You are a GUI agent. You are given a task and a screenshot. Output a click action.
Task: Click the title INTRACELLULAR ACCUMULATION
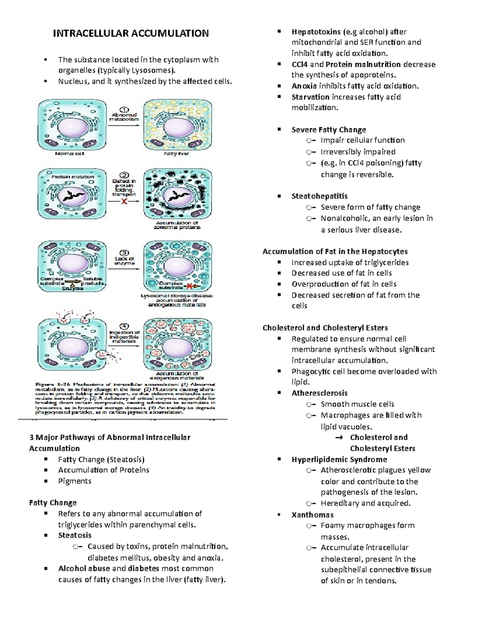(131, 33)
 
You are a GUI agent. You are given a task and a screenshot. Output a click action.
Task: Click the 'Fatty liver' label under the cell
(176, 154)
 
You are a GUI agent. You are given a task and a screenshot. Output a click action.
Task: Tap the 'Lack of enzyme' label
(124, 261)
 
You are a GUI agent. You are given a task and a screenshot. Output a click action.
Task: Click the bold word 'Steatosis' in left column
(75, 535)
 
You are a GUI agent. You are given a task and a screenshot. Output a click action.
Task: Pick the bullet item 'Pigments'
(75, 481)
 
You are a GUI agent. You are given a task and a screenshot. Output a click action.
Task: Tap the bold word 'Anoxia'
(304, 86)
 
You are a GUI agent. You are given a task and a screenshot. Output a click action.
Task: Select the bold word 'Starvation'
(310, 97)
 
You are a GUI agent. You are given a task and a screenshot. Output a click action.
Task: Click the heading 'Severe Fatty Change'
(329, 130)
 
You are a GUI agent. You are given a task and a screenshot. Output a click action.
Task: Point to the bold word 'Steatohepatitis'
(320, 196)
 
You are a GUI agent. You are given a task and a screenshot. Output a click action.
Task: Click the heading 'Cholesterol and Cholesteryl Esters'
(325, 328)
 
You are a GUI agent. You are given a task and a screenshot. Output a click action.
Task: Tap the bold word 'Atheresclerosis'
(320, 393)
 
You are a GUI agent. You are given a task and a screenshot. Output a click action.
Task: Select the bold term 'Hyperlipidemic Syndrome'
(339, 459)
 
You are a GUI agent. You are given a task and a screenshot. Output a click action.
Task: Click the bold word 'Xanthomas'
(312, 515)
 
